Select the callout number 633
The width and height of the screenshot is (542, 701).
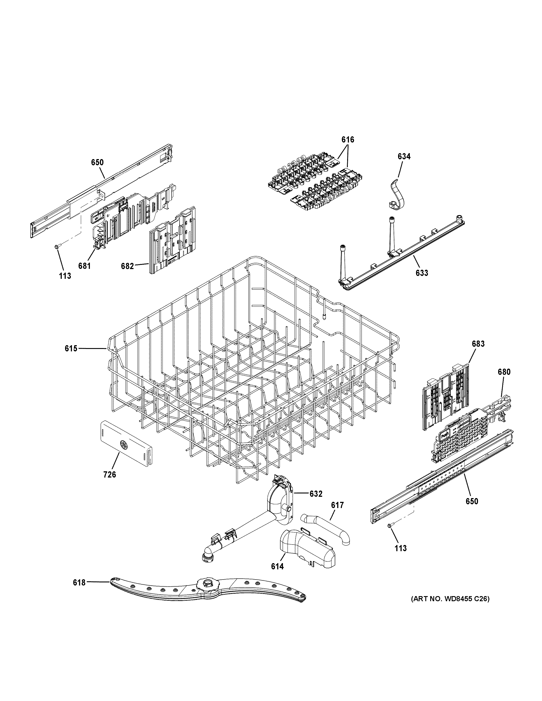pyautogui.click(x=422, y=273)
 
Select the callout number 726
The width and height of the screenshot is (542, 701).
pyautogui.click(x=110, y=483)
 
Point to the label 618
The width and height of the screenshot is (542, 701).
pyautogui.click(x=79, y=582)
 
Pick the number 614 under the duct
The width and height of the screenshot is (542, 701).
pyautogui.click(x=277, y=566)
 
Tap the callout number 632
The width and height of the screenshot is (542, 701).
pyautogui.click(x=316, y=494)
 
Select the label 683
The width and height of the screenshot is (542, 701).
pyautogui.click(x=478, y=344)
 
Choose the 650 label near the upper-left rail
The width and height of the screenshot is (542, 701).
pyautogui.click(x=97, y=162)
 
